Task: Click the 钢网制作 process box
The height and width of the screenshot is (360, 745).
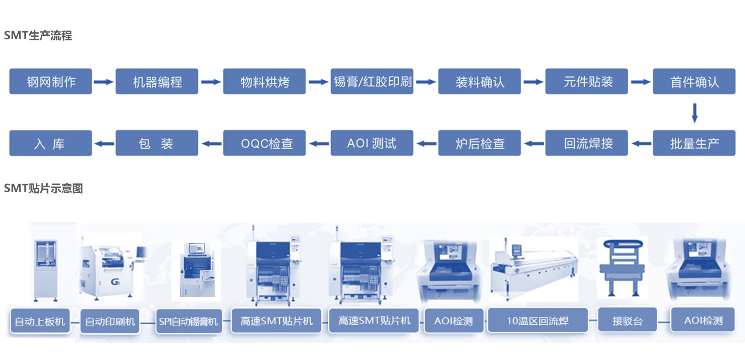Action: coord(50,81)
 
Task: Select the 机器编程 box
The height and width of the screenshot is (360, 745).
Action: coord(157,81)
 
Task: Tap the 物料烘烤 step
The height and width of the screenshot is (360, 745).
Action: coord(264,81)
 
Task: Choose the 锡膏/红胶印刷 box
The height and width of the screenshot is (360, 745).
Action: coord(372,81)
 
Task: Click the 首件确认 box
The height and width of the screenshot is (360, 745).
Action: coord(694,81)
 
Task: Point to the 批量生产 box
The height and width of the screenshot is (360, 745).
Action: coord(694,143)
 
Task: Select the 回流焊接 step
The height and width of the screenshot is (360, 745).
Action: coord(586,143)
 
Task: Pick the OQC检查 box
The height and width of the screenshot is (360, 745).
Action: coord(264,143)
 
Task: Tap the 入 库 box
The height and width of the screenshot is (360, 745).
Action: coord(50,143)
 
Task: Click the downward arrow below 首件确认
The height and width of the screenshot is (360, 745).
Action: coord(695,113)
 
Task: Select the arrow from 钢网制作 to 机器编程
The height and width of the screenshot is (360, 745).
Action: coord(104,82)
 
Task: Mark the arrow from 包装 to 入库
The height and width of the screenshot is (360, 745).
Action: coord(104,144)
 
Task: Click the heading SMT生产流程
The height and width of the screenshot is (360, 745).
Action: coord(38,36)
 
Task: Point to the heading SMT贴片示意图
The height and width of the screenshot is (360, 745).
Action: coord(43,189)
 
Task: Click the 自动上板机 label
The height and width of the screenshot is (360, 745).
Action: coord(40,321)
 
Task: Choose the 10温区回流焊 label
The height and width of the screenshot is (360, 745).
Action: coord(537,321)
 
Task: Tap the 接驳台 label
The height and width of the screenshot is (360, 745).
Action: coord(627,320)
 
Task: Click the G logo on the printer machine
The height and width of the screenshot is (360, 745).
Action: coord(115,282)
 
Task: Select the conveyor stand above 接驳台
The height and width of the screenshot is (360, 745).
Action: coord(622,268)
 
